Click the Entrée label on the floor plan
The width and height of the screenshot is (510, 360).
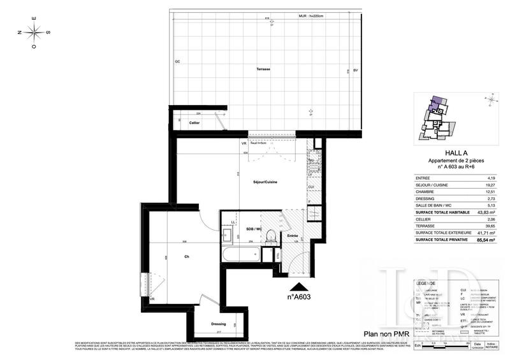293,235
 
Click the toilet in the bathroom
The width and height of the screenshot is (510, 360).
270,237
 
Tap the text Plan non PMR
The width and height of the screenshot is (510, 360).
384,333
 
